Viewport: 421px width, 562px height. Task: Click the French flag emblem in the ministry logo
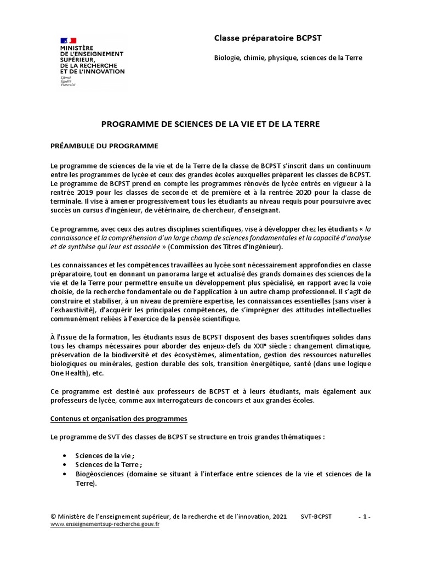[69, 41]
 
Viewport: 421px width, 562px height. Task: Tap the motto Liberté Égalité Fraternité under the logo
[68, 82]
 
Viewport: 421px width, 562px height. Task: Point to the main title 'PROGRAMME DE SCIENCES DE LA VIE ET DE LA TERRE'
[210, 125]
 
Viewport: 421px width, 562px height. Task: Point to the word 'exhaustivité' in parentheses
[76, 309]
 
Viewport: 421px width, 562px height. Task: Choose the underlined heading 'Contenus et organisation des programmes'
[119, 419]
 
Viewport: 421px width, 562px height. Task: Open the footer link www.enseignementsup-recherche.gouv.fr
[105, 524]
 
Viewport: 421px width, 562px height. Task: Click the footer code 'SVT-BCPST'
[316, 516]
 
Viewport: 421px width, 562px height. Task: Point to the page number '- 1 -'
[365, 516]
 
